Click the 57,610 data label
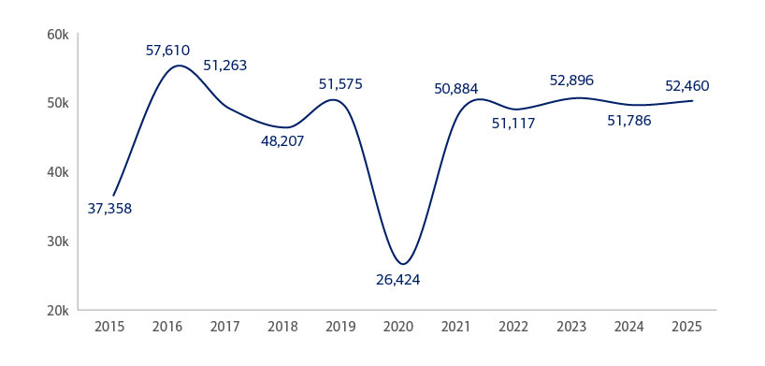tap(168, 50)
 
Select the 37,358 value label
tap(109, 209)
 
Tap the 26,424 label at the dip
tap(399, 280)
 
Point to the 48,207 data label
tap(282, 141)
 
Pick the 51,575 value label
tap(340, 84)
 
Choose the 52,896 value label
tap(571, 81)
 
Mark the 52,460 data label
tap(687, 86)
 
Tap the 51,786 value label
tap(629, 120)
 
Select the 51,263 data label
tap(225, 66)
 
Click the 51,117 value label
tap(513, 123)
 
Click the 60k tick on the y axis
tap(58, 35)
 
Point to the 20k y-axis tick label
tap(58, 310)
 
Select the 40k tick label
tap(58, 172)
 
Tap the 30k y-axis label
tap(58, 242)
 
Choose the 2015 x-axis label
tap(110, 328)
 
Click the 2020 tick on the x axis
tap(398, 328)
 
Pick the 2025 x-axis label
tap(686, 328)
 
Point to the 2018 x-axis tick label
tap(283, 328)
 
